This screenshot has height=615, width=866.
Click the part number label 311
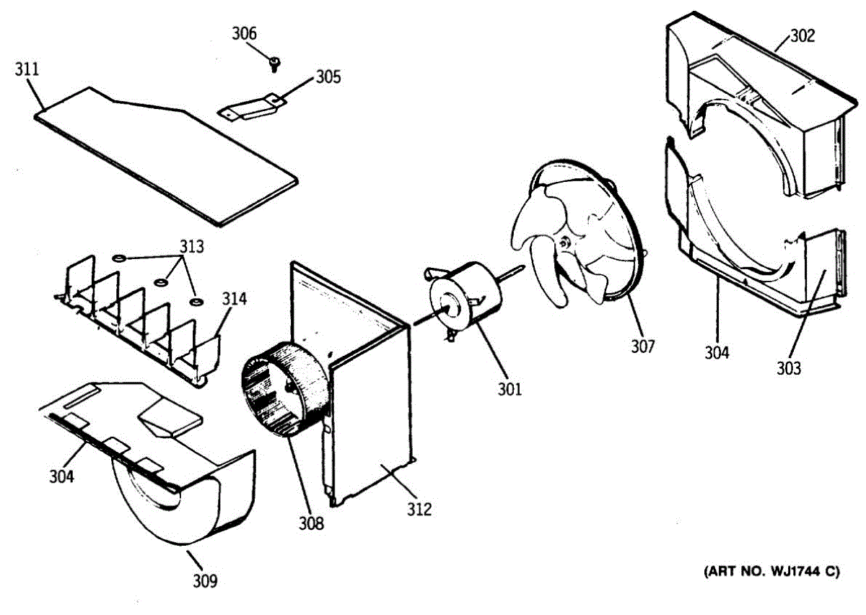(x=27, y=70)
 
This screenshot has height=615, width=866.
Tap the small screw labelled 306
(x=274, y=65)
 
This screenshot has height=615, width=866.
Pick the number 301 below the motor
(x=509, y=390)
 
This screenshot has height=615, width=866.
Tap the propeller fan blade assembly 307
(x=577, y=231)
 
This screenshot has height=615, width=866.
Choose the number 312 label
(x=419, y=510)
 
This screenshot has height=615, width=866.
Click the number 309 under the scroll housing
(x=206, y=579)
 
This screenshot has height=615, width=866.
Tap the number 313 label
(x=191, y=247)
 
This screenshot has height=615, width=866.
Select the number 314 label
(x=233, y=298)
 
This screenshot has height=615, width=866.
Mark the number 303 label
(x=789, y=368)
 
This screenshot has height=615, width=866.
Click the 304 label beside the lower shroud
(x=717, y=353)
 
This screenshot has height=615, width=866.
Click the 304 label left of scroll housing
(x=63, y=477)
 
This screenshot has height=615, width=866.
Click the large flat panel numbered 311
(x=166, y=155)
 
